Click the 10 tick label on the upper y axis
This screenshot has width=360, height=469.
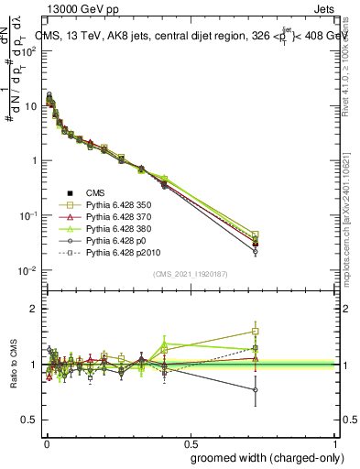point(31,105)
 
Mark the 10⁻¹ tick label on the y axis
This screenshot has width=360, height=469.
point(29,215)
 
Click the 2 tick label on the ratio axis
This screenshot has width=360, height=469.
point(36,309)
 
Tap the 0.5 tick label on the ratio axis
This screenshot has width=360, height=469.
point(32,420)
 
